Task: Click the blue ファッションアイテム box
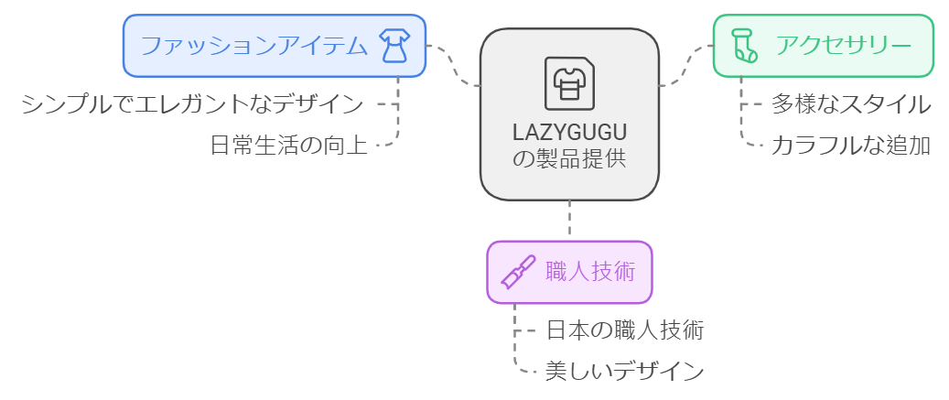[275, 46]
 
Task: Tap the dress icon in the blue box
[394, 46]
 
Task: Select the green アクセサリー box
[823, 46]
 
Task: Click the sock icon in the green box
[744, 46]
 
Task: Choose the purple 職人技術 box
[568, 272]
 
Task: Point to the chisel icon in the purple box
[517, 273]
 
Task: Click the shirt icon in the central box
[569, 83]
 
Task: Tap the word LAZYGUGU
[569, 132]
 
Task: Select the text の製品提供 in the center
[569, 158]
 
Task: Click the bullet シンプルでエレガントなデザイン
[192, 103]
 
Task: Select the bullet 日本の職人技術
[624, 330]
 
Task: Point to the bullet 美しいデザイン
[624, 371]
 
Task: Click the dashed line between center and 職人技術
[569, 220]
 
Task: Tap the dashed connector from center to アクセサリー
[686, 66]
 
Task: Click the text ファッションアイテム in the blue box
[253, 46]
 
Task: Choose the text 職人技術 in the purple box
[589, 272]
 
